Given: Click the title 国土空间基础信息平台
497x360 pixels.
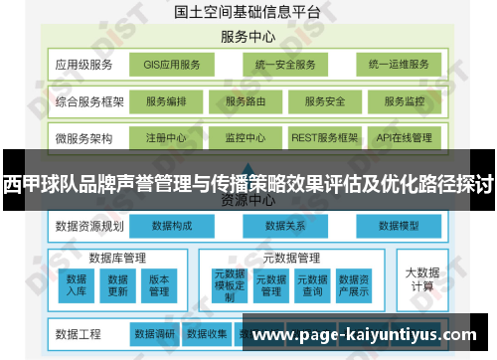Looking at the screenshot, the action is tap(248, 12).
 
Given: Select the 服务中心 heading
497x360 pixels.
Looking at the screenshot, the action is tap(248, 37).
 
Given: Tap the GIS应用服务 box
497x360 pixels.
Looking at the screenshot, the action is tap(171, 65).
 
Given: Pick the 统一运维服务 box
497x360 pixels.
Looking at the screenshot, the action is tap(398, 65).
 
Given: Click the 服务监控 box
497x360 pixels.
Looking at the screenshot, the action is tap(405, 101).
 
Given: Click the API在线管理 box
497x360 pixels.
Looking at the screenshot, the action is tap(405, 137).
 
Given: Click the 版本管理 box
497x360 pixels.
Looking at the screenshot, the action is tap(159, 285).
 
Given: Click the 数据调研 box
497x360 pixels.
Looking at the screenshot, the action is tap(154, 333).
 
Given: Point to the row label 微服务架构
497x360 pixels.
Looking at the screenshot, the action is tap(85, 137).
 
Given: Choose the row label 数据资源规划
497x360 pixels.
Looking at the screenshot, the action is tap(89, 227).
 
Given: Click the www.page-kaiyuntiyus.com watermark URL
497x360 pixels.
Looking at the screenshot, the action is tap(367, 335).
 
